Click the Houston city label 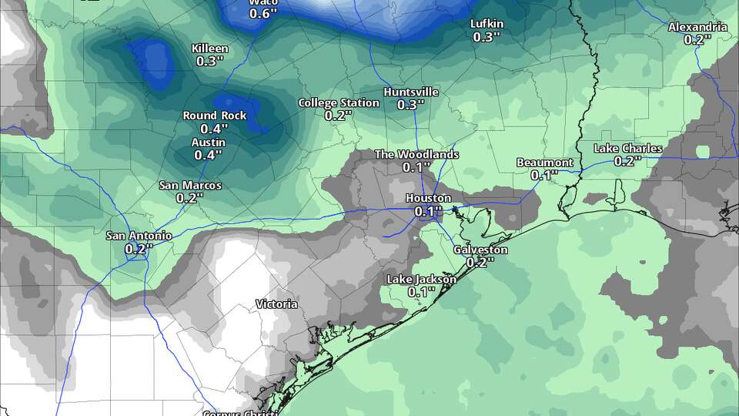(428, 198)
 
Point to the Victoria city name (276, 304)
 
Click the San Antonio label (139, 236)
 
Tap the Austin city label (208, 143)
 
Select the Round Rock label (215, 115)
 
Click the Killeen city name (209, 49)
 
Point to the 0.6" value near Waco (262, 13)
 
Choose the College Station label (339, 102)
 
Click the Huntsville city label (411, 92)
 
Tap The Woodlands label (416, 154)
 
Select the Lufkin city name (487, 24)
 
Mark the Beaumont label (544, 163)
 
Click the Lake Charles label (628, 148)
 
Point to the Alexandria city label (697, 27)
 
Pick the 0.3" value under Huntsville (411, 105)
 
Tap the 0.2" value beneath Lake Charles (628, 161)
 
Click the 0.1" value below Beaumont (544, 175)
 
